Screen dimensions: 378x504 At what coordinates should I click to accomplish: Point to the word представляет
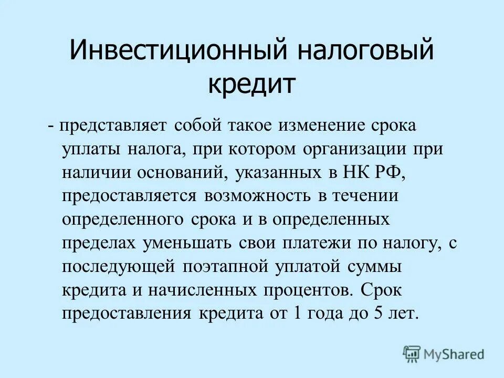point(113,127)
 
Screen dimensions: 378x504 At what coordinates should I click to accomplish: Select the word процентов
point(304,290)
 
